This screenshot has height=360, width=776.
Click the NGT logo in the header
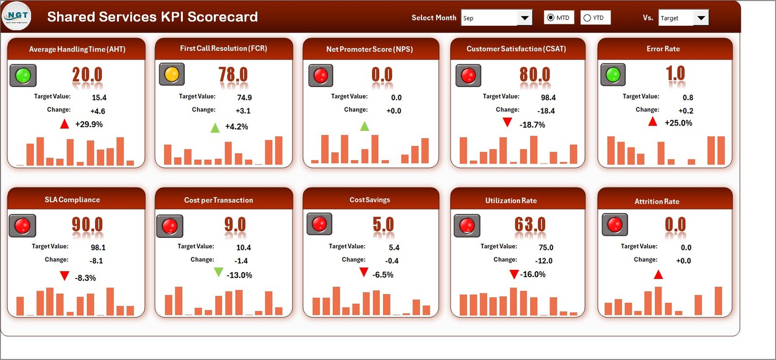pos(17,16)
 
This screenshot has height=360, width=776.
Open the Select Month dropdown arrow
pos(524,18)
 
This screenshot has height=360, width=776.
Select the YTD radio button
pos(587,18)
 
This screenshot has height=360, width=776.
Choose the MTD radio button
pos(550,18)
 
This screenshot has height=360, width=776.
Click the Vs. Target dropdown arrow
pos(701,18)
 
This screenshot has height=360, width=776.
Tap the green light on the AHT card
pos(23,75)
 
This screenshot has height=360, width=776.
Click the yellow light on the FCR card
pos(172,74)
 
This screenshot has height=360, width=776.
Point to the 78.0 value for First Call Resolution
pos(233,75)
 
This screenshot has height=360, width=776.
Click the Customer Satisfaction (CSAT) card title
pos(516,49)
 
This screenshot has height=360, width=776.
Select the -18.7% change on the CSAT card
pos(532,125)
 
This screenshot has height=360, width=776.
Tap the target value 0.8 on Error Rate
pos(688,98)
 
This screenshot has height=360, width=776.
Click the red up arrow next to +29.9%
pos(65,124)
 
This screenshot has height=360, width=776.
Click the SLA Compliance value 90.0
pos(87,225)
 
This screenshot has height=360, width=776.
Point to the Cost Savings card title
pos(370,200)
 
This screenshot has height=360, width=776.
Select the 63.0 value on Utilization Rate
pos(530,225)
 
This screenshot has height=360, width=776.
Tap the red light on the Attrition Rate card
pos(614,224)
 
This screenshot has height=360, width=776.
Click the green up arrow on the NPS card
pos(365,126)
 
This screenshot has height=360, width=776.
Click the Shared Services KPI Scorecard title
pos(152,17)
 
